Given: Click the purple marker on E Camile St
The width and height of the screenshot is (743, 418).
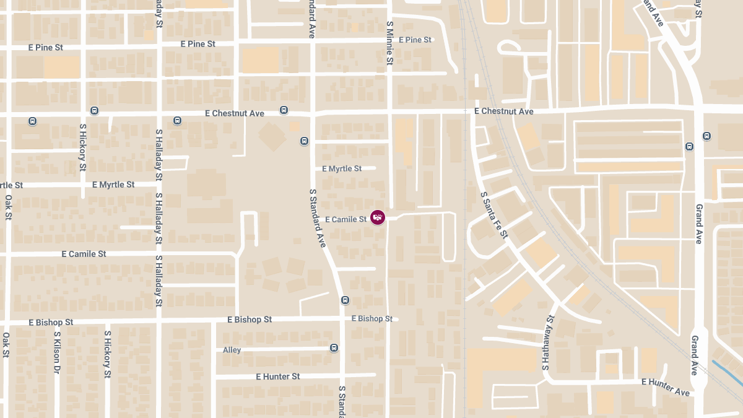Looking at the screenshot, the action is point(378,217).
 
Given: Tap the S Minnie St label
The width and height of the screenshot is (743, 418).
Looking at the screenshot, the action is point(389,43).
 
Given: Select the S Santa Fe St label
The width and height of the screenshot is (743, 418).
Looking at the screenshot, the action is point(494,215).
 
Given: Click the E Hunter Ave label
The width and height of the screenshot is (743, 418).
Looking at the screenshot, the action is point(666,387).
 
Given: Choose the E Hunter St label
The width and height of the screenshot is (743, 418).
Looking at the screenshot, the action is point(277,377).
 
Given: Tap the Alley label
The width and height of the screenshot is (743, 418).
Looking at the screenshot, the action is point(232,350).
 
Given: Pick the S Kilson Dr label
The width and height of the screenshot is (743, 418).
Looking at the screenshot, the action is point(57,352).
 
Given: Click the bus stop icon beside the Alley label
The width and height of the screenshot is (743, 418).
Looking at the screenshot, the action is point(334,348).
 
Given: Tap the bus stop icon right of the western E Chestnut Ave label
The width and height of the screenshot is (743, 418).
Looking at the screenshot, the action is point(284,110).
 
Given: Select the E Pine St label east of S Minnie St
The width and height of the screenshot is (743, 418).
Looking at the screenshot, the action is point(415,40).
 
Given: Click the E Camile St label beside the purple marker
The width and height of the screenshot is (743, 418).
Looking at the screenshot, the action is point(345,219).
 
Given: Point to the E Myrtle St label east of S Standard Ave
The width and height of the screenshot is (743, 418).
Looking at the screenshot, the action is point(342,168).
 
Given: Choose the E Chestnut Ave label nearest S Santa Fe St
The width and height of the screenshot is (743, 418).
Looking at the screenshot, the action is point(503,111).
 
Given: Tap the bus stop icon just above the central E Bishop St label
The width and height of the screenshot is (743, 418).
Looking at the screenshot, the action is point(345,300).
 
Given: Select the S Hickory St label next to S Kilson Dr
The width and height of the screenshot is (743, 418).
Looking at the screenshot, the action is point(107,354).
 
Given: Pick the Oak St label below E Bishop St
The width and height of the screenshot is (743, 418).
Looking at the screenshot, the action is point(6,345).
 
